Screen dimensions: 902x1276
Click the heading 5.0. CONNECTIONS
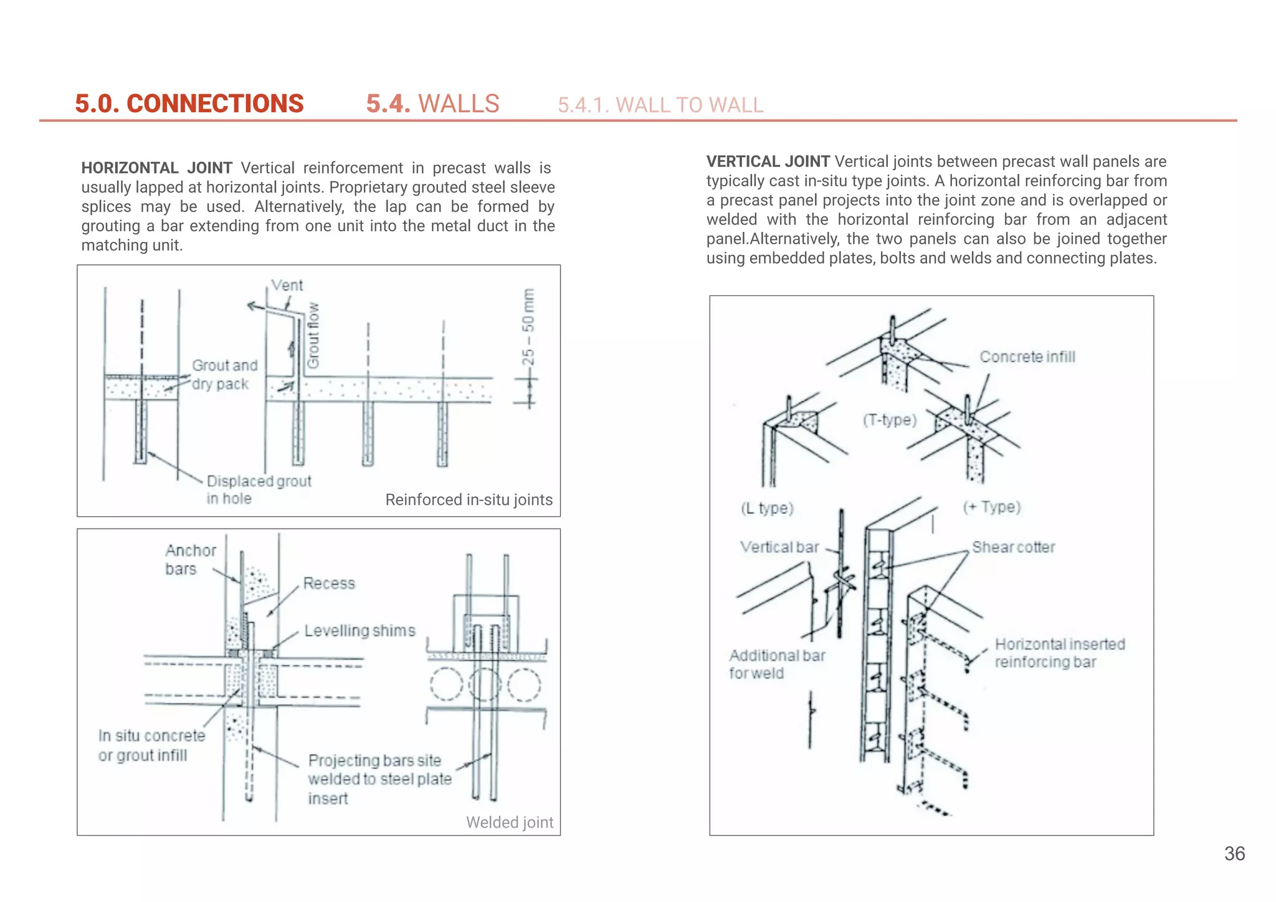click(x=189, y=103)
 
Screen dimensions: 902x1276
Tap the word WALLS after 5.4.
click(x=459, y=103)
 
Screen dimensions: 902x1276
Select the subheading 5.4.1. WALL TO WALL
click(x=660, y=105)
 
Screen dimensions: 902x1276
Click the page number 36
click(x=1234, y=853)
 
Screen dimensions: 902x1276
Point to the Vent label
click(x=287, y=285)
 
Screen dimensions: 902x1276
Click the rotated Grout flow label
click(x=313, y=335)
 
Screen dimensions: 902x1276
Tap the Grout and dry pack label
click(x=224, y=375)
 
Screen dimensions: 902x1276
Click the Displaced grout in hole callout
click(x=258, y=489)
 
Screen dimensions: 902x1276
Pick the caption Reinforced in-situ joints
click(x=469, y=500)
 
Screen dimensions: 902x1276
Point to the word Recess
click(x=329, y=583)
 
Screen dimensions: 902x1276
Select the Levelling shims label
click(x=359, y=631)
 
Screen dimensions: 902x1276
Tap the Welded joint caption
click(x=509, y=823)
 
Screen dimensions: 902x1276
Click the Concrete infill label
click(x=1027, y=357)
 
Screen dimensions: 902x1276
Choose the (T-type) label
click(x=889, y=420)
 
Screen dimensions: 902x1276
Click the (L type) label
click(x=766, y=509)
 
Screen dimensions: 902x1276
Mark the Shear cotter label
click(x=1013, y=547)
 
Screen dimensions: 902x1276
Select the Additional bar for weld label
click(x=776, y=665)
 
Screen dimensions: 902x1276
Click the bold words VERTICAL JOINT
click(x=767, y=161)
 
